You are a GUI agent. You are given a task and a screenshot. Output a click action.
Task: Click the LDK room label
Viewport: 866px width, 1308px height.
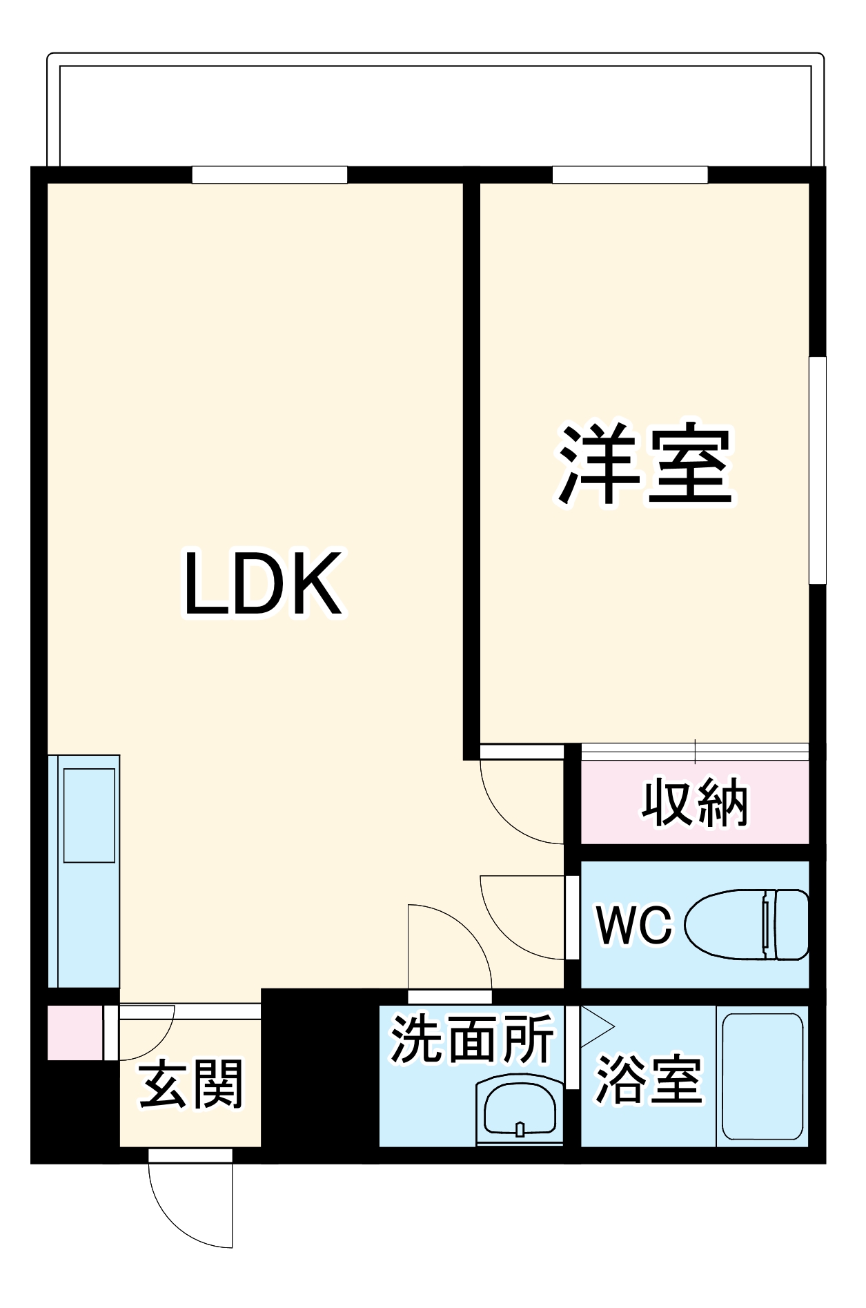pyautogui.click(x=262, y=584)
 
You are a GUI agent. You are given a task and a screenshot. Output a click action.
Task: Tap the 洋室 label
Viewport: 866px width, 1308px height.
pyautogui.click(x=644, y=465)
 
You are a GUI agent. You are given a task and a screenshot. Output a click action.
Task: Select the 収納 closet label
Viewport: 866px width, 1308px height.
pyautogui.click(x=694, y=803)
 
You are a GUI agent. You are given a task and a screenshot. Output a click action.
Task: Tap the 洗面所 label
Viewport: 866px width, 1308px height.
pyautogui.click(x=472, y=1039)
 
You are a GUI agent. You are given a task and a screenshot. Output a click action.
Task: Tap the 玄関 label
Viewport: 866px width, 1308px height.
pyautogui.click(x=191, y=1084)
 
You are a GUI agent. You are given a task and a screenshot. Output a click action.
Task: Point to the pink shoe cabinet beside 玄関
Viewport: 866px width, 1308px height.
pyautogui.click(x=75, y=1033)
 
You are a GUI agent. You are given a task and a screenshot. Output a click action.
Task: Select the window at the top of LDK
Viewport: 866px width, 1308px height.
pyautogui.click(x=269, y=175)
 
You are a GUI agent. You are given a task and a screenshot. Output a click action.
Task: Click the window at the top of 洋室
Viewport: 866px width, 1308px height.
pyautogui.click(x=630, y=175)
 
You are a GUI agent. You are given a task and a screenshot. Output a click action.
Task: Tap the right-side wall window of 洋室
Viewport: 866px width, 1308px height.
pyautogui.click(x=817, y=470)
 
